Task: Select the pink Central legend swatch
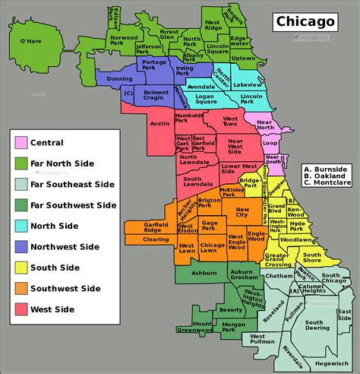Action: [x=21, y=142]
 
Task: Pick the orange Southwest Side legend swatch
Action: [x=21, y=288]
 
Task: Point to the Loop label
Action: [x=270, y=141]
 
